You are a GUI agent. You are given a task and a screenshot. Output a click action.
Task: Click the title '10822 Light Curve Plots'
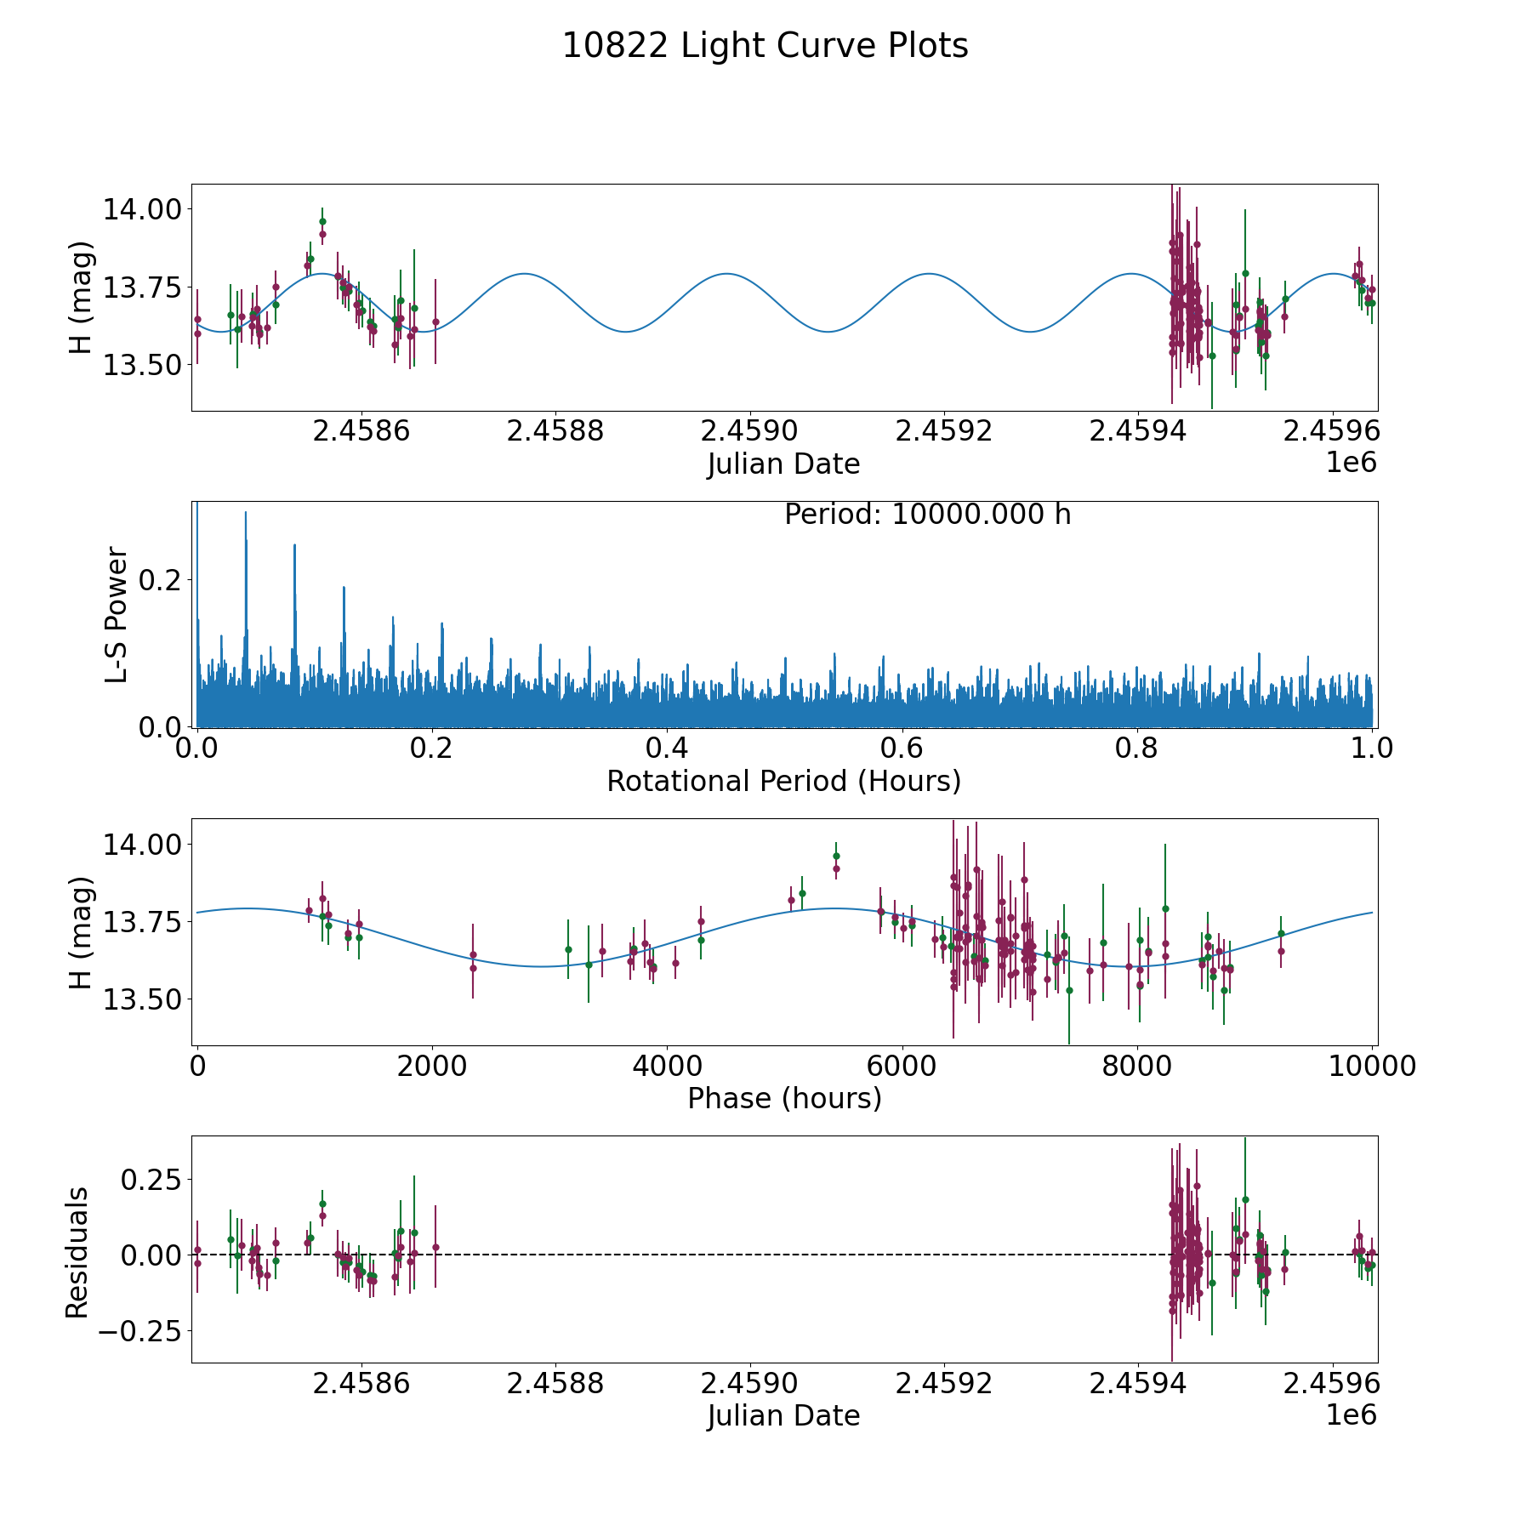click(x=765, y=46)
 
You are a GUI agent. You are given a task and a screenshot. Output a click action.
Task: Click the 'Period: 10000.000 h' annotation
click(x=927, y=515)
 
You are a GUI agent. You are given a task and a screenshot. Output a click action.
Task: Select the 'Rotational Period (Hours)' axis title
click(x=783, y=781)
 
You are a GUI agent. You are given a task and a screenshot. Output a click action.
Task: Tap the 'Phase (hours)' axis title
click(x=783, y=1098)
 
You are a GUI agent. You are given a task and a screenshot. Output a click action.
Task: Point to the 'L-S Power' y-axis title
click(x=117, y=614)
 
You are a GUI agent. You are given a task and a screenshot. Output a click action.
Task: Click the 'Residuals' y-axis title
click(x=77, y=1253)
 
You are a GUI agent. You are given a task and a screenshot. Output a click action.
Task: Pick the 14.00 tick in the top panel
click(x=141, y=209)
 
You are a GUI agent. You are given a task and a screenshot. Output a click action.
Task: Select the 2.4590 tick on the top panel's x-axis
click(x=749, y=431)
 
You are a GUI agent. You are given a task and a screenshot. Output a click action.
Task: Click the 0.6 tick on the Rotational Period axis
click(x=902, y=748)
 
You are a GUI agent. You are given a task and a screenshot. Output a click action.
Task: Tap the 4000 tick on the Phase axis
click(x=667, y=1066)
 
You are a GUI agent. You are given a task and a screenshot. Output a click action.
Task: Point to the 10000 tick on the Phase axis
click(x=1371, y=1066)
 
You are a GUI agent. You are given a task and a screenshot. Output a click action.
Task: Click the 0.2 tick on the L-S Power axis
click(x=162, y=580)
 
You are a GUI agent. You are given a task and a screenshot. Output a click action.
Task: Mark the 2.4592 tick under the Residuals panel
click(x=943, y=1384)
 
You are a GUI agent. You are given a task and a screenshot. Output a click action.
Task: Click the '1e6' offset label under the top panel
click(x=1351, y=464)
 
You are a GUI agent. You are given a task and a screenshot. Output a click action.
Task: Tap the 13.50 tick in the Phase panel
click(x=141, y=999)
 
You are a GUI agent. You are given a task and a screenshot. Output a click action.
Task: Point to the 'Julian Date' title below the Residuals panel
click(x=783, y=1416)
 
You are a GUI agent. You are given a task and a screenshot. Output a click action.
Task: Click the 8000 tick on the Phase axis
click(x=1136, y=1066)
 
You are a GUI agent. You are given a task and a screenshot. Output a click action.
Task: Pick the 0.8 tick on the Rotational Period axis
click(x=1136, y=748)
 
